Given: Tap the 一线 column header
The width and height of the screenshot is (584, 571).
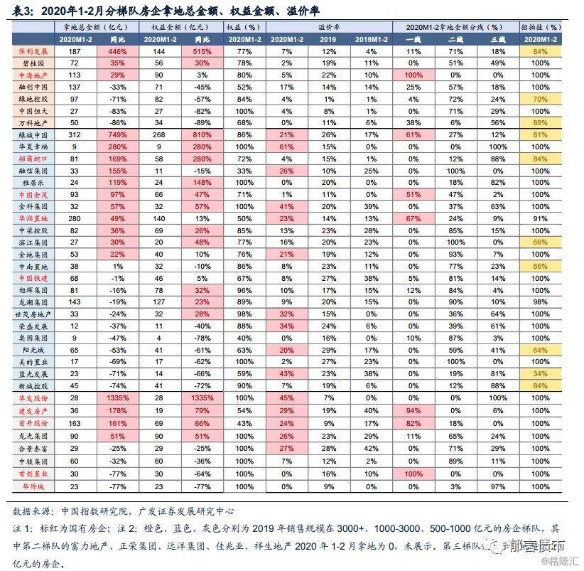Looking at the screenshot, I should click(413, 38).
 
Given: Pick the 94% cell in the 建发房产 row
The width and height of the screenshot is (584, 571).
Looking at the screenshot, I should click(413, 410).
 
